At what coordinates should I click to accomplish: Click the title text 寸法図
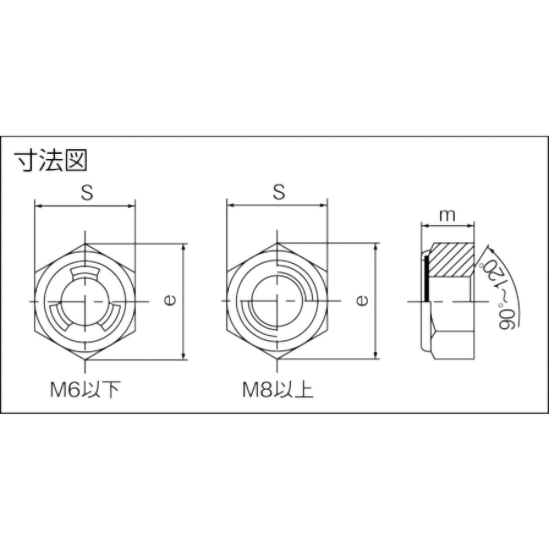51,161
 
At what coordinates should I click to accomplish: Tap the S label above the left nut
87,193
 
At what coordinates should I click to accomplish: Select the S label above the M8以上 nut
279,193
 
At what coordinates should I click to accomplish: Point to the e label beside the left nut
170,301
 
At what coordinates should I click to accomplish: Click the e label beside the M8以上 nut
362,301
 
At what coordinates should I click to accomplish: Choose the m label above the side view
447,215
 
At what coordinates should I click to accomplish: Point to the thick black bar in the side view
426,279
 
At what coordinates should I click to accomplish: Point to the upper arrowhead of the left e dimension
184,247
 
